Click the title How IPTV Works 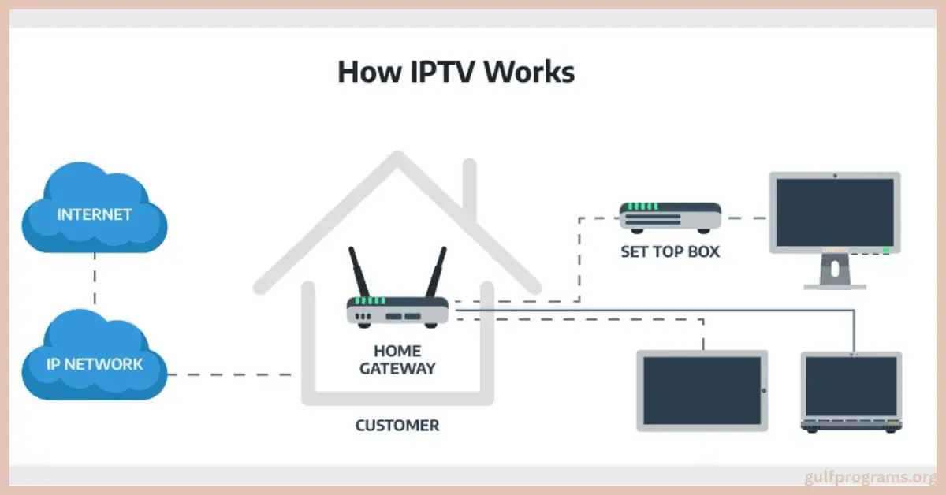pos(456,72)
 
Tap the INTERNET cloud pos(94,214)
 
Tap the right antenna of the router pos(435,272)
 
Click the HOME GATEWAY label pos(397,359)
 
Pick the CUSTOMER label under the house pos(397,426)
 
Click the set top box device pos(670,216)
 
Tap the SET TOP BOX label pos(670,252)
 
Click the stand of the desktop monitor pos(834,272)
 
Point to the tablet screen pos(700,389)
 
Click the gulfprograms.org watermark pos(870,478)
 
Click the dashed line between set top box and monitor pos(746,218)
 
